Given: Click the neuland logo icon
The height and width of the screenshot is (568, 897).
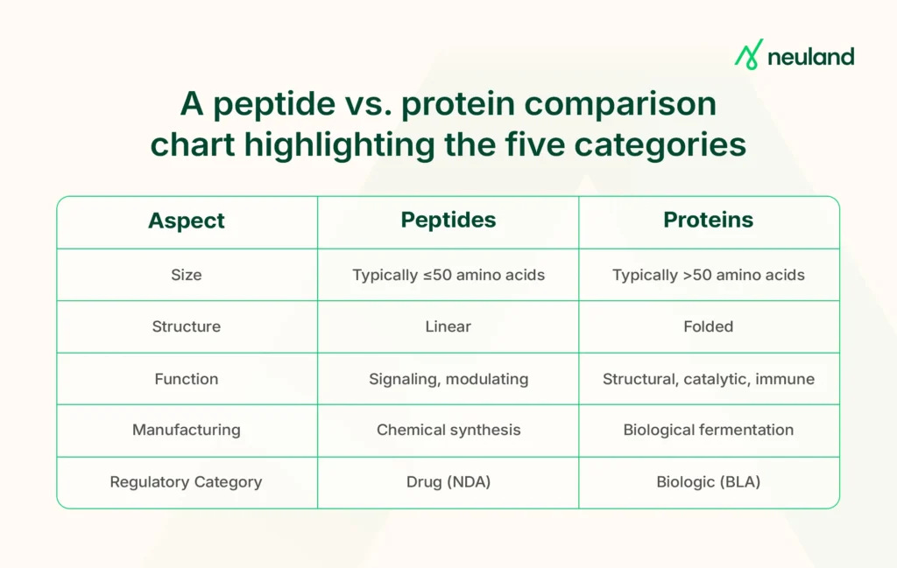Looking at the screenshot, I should [x=748, y=55].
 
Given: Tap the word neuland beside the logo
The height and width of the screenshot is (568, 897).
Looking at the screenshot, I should [x=810, y=57].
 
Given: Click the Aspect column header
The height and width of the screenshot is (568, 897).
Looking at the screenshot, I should [x=187, y=221].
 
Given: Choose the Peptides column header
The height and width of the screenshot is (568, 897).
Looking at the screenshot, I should [x=448, y=221].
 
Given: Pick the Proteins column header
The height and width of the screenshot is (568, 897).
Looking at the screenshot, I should [x=709, y=221].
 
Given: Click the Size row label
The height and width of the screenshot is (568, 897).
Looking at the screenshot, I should [x=187, y=275].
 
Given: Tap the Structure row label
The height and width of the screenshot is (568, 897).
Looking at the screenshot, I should [x=187, y=326].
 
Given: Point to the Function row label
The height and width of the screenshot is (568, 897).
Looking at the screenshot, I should [x=187, y=379].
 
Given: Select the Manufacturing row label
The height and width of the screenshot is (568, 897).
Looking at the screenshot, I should [x=187, y=430].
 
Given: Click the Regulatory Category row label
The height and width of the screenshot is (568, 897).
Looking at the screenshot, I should [x=187, y=481].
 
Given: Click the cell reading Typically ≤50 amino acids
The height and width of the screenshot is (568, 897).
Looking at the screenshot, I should [x=448, y=275].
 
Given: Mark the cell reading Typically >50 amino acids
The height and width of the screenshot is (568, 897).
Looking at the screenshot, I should [x=709, y=275].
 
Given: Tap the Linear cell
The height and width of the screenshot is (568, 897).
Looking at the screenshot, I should [x=448, y=326].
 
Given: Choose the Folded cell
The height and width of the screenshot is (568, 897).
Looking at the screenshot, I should [x=709, y=326].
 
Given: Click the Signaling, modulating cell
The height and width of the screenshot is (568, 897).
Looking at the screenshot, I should [x=448, y=379].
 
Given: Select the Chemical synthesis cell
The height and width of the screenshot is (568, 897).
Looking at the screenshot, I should [x=448, y=430].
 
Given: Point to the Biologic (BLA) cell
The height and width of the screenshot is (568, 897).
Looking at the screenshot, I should [x=709, y=481].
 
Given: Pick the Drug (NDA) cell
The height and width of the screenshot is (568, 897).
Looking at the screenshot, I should [x=448, y=481].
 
